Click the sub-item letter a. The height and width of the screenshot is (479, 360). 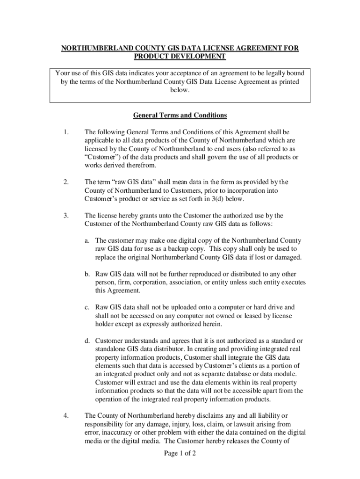[87, 240]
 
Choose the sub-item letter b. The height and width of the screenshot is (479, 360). [87, 274]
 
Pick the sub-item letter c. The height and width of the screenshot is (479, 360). [87, 308]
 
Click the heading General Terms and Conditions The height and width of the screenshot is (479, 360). [180, 115]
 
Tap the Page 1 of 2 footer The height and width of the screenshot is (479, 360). [180, 453]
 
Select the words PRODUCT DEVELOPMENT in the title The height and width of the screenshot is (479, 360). [180, 57]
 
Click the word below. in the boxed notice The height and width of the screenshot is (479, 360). [180, 90]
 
